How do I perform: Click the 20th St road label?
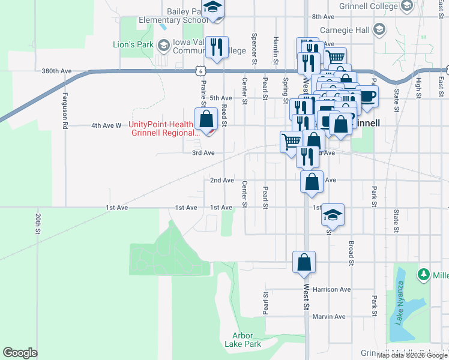37,223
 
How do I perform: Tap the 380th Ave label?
56,71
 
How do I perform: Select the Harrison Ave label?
331,289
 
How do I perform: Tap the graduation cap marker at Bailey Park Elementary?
212,8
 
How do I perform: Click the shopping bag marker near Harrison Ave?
304,262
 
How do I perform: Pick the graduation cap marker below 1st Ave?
333,214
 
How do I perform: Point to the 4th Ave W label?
106,125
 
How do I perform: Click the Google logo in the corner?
20,353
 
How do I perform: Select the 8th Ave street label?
322,16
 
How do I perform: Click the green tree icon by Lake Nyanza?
424,274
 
